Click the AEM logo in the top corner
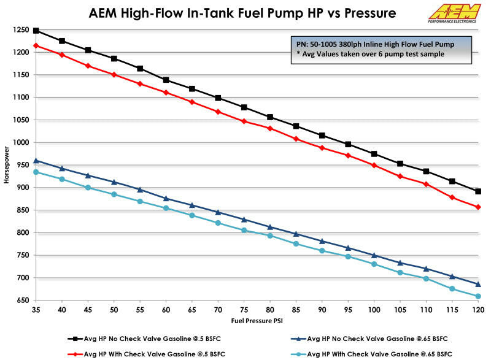click(x=455, y=13)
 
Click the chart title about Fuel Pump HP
click(x=242, y=12)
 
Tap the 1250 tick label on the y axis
click(x=22, y=29)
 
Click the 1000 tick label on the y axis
click(x=22, y=142)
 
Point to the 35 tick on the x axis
click(x=36, y=311)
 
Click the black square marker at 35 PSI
click(x=36, y=30)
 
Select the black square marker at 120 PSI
click(x=478, y=191)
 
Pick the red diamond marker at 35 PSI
click(x=36, y=45)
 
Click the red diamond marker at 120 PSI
click(x=478, y=207)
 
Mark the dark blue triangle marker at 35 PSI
click(x=36, y=161)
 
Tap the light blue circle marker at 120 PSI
click(x=478, y=296)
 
